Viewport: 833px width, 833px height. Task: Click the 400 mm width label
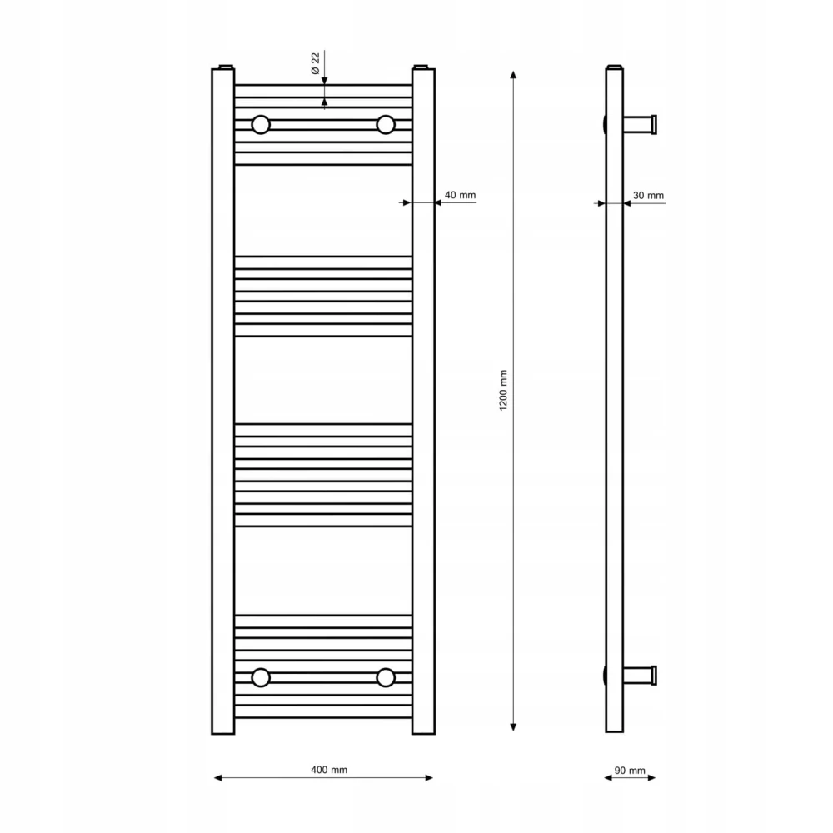[x=329, y=770]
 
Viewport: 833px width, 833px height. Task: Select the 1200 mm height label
[x=503, y=391]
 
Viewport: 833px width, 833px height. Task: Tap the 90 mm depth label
[x=630, y=771]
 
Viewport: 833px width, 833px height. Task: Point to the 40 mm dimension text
[x=460, y=195]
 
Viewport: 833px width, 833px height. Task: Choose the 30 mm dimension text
[x=648, y=196]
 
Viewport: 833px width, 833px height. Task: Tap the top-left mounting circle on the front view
[x=261, y=125]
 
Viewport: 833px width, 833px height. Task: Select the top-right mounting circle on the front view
[x=386, y=125]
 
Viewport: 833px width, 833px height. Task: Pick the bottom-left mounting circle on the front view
[x=261, y=677]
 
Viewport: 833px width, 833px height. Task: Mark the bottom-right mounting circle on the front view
[x=386, y=677]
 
